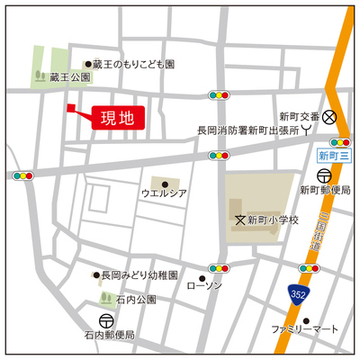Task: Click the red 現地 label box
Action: [116, 117]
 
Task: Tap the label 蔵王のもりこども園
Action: [135, 65]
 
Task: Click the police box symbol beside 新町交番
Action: [329, 116]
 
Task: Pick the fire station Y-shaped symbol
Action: [308, 130]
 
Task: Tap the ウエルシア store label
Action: [163, 193]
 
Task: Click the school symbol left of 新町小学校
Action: [239, 220]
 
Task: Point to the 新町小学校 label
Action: [273, 220]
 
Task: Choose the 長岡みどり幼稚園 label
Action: [139, 274]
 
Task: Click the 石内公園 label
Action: [136, 299]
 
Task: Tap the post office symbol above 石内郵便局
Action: [106, 319]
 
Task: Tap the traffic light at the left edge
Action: [22, 175]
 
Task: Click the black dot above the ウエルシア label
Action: [164, 184]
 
